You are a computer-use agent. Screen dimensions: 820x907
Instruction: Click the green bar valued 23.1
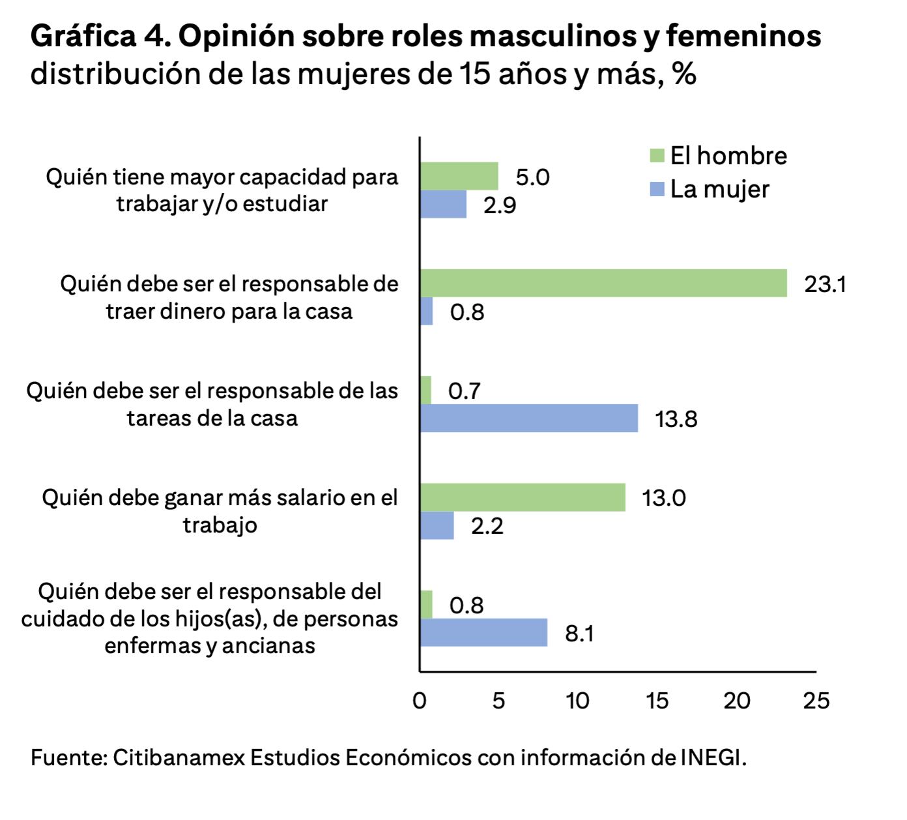click(603, 283)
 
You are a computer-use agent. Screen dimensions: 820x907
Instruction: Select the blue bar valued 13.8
click(528, 418)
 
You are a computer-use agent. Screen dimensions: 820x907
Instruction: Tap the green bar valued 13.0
click(522, 497)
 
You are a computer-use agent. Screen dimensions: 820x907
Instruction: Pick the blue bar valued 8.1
click(483, 632)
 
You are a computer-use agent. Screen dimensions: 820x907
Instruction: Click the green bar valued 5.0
click(459, 176)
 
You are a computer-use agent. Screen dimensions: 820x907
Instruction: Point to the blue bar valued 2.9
click(443, 204)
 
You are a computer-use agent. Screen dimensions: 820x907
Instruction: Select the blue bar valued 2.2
click(437, 525)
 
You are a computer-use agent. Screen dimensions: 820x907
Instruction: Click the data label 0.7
click(464, 390)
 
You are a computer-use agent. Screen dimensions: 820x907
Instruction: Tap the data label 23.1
click(824, 284)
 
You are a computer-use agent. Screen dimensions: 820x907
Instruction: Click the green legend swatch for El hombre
click(657, 156)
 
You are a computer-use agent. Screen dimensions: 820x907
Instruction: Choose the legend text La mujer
click(719, 189)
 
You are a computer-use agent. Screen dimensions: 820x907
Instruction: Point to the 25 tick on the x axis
click(816, 701)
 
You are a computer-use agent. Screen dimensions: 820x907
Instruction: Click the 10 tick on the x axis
click(577, 701)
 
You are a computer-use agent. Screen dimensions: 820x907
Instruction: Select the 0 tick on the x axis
click(420, 701)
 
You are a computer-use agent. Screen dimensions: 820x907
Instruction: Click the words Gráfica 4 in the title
click(100, 37)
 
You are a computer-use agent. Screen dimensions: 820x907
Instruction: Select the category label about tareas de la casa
click(212, 404)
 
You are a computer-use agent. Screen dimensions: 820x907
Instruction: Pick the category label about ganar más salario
click(220, 511)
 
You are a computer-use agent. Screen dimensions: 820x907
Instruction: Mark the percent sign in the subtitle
click(684, 74)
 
